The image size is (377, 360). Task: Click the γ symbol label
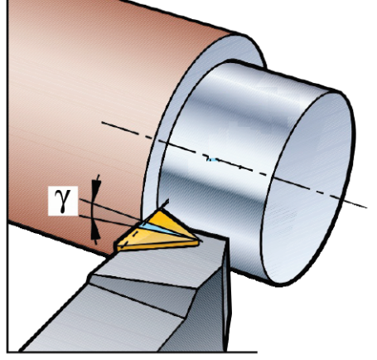coord(63,201)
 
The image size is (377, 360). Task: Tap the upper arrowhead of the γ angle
coord(96,188)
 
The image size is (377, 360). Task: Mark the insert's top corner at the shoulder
coord(160,211)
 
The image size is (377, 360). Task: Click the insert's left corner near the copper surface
coord(118,246)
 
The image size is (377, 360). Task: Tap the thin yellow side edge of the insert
coord(157,246)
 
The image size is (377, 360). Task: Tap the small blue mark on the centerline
coord(212,159)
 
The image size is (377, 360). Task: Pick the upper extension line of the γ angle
coord(110,209)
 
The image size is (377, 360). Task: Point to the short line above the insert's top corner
coord(164,204)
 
